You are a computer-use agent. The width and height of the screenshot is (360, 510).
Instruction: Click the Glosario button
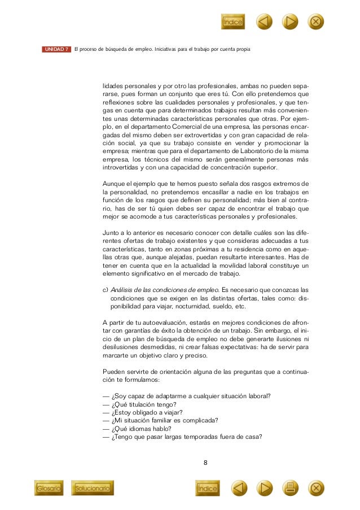point(49,487)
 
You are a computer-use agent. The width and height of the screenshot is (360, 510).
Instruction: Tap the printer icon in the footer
point(290,487)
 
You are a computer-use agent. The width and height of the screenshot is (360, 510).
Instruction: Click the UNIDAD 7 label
point(56,50)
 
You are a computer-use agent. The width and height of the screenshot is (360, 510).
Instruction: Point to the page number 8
point(205,463)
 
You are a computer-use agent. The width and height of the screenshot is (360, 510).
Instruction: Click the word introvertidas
point(120,168)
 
